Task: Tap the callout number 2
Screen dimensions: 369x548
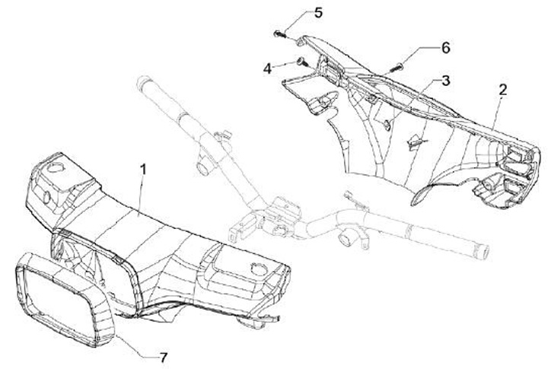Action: coord(502,90)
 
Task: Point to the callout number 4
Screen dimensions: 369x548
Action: coord(268,68)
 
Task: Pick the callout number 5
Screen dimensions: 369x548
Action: coord(319,13)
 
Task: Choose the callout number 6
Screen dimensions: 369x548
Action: coord(445,47)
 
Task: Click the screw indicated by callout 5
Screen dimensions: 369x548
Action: coord(279,33)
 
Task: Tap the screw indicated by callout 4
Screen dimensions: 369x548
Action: coord(301,61)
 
